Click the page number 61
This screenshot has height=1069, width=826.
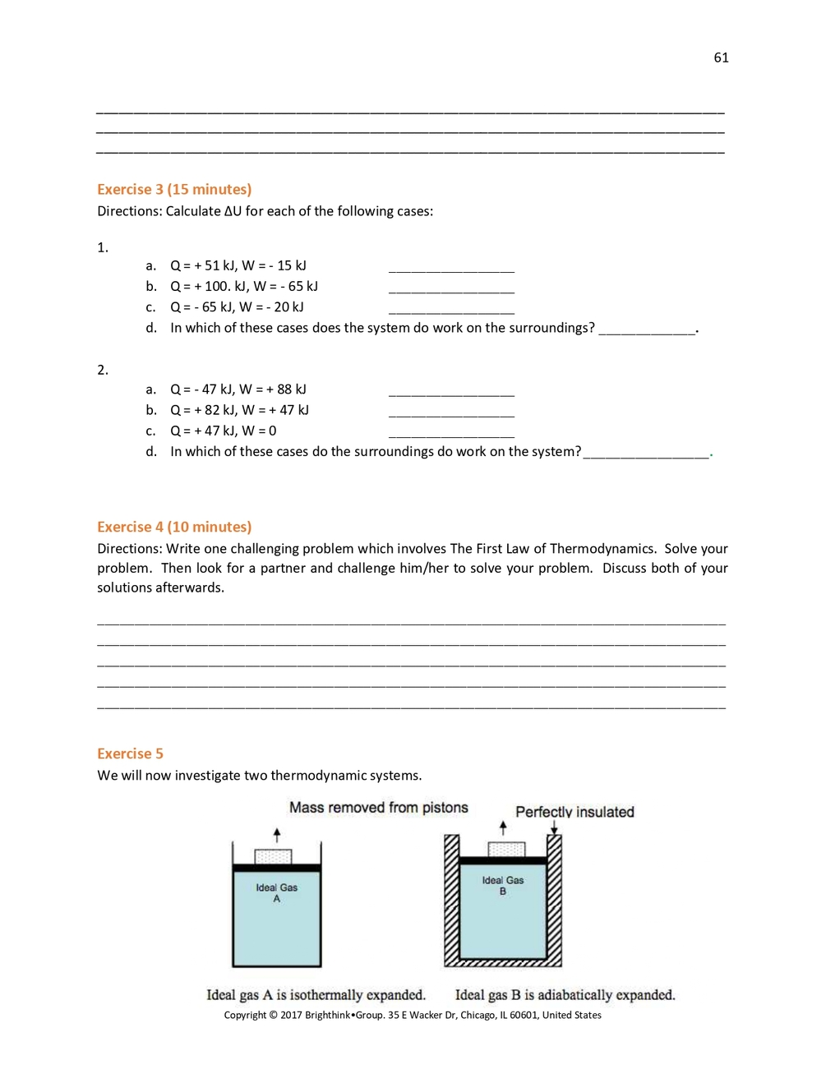point(721,58)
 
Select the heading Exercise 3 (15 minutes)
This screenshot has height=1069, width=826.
point(174,189)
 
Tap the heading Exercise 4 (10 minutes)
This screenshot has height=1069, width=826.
point(174,527)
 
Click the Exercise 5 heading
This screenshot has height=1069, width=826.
point(130,753)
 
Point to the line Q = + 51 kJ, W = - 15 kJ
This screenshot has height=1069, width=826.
point(238,265)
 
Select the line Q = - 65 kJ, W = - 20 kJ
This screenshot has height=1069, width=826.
point(237,307)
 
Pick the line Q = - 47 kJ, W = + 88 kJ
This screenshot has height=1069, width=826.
point(238,389)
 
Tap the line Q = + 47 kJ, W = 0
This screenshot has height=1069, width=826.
point(223,431)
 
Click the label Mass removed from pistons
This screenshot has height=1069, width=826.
point(378,808)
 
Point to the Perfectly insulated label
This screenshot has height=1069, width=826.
point(575,812)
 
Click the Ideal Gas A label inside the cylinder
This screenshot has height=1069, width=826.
point(276,892)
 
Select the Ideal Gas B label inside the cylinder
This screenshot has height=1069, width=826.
point(502,885)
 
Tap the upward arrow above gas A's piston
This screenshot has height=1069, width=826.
point(277,835)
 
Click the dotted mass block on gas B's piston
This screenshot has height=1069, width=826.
point(506,850)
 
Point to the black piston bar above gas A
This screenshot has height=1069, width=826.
point(276,868)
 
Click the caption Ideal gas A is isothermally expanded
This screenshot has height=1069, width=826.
point(316,995)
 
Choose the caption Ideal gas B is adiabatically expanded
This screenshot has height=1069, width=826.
point(565,995)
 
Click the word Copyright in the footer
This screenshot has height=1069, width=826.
point(245,1016)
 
